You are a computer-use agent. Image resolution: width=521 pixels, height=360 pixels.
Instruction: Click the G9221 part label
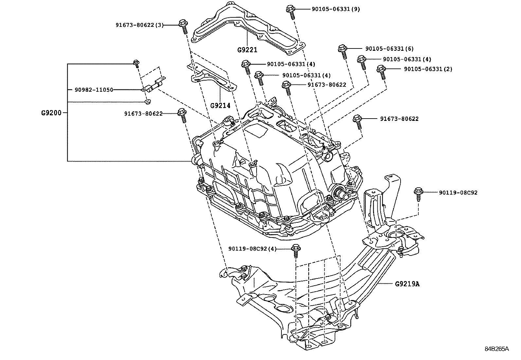(x=247, y=50)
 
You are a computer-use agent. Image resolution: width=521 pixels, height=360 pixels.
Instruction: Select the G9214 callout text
(x=220, y=105)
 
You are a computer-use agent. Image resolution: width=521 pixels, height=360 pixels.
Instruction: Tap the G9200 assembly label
(x=51, y=113)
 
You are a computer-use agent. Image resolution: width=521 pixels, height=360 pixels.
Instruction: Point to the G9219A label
(x=407, y=284)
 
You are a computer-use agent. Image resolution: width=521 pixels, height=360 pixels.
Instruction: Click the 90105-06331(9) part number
(x=336, y=9)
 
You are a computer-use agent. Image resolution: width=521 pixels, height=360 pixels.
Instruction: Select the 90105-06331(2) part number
(x=428, y=69)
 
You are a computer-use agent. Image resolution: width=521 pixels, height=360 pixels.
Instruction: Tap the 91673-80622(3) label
(x=139, y=25)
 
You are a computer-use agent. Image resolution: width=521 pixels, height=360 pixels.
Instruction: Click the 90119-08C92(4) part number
(x=252, y=249)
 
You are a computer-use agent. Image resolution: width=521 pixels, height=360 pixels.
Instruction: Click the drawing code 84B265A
(x=497, y=349)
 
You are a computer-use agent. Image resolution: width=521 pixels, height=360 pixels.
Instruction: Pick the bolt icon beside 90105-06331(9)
(x=290, y=11)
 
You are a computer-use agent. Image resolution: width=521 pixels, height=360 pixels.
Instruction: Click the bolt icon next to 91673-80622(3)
(x=183, y=27)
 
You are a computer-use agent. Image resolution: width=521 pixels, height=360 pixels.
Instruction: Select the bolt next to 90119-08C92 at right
(x=418, y=193)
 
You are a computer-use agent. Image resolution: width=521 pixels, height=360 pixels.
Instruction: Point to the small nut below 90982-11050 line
(x=148, y=102)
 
